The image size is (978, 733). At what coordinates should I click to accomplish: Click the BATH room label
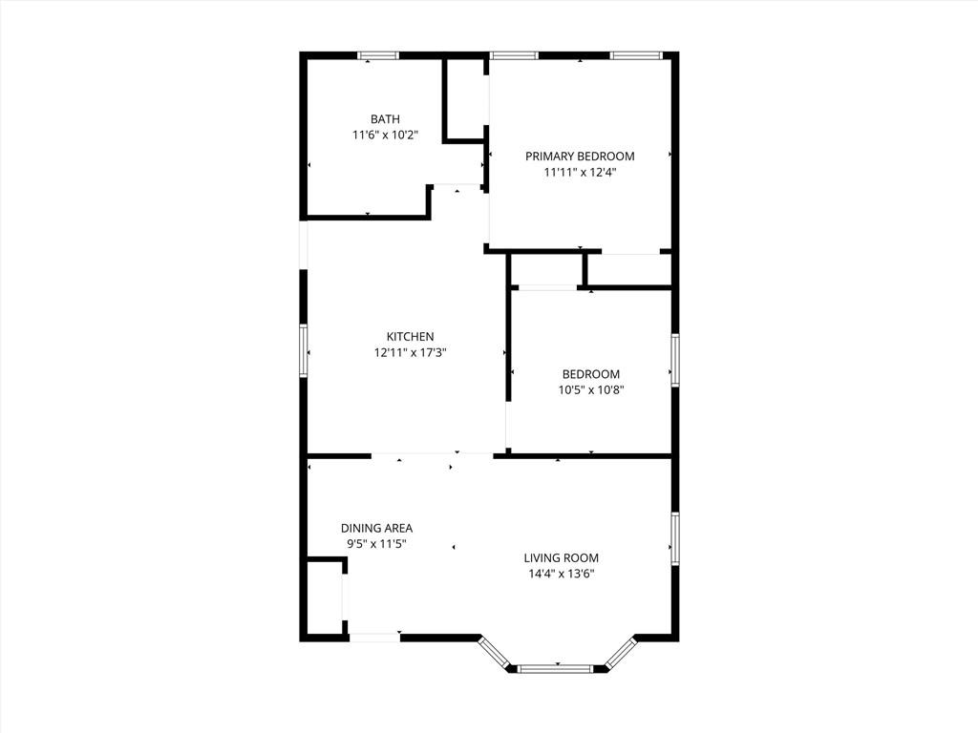coord(385,119)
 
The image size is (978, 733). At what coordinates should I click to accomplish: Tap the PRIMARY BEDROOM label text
coord(580,157)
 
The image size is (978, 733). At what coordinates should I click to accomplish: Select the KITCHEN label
coord(410,337)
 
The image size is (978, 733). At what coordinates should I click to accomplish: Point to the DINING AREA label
coord(376,529)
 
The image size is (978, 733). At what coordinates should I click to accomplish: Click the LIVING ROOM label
coord(561,558)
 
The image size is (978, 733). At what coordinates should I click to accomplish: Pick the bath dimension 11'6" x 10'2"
coord(385,135)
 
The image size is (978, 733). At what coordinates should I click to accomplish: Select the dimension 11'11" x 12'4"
coord(580,173)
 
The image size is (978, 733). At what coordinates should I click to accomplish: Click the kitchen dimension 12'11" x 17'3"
coord(410,353)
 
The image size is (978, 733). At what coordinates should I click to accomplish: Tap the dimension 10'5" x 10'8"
coord(590,390)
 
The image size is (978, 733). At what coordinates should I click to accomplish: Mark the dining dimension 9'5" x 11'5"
coord(376,544)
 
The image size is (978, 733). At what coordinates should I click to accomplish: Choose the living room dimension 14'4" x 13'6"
coord(561,574)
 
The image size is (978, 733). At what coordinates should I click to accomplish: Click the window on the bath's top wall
coord(378,55)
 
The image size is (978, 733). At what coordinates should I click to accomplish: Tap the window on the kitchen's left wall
coord(304,350)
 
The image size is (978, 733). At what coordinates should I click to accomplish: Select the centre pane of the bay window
coord(555,669)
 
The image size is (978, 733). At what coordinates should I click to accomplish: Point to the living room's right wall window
coord(675,538)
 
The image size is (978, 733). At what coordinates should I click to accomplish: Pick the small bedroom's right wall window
coord(675,360)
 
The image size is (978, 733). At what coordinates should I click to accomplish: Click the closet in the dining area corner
coord(325,597)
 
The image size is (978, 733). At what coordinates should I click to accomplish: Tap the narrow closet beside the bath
coord(465,99)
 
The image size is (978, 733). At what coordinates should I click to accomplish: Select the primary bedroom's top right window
coord(635,55)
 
